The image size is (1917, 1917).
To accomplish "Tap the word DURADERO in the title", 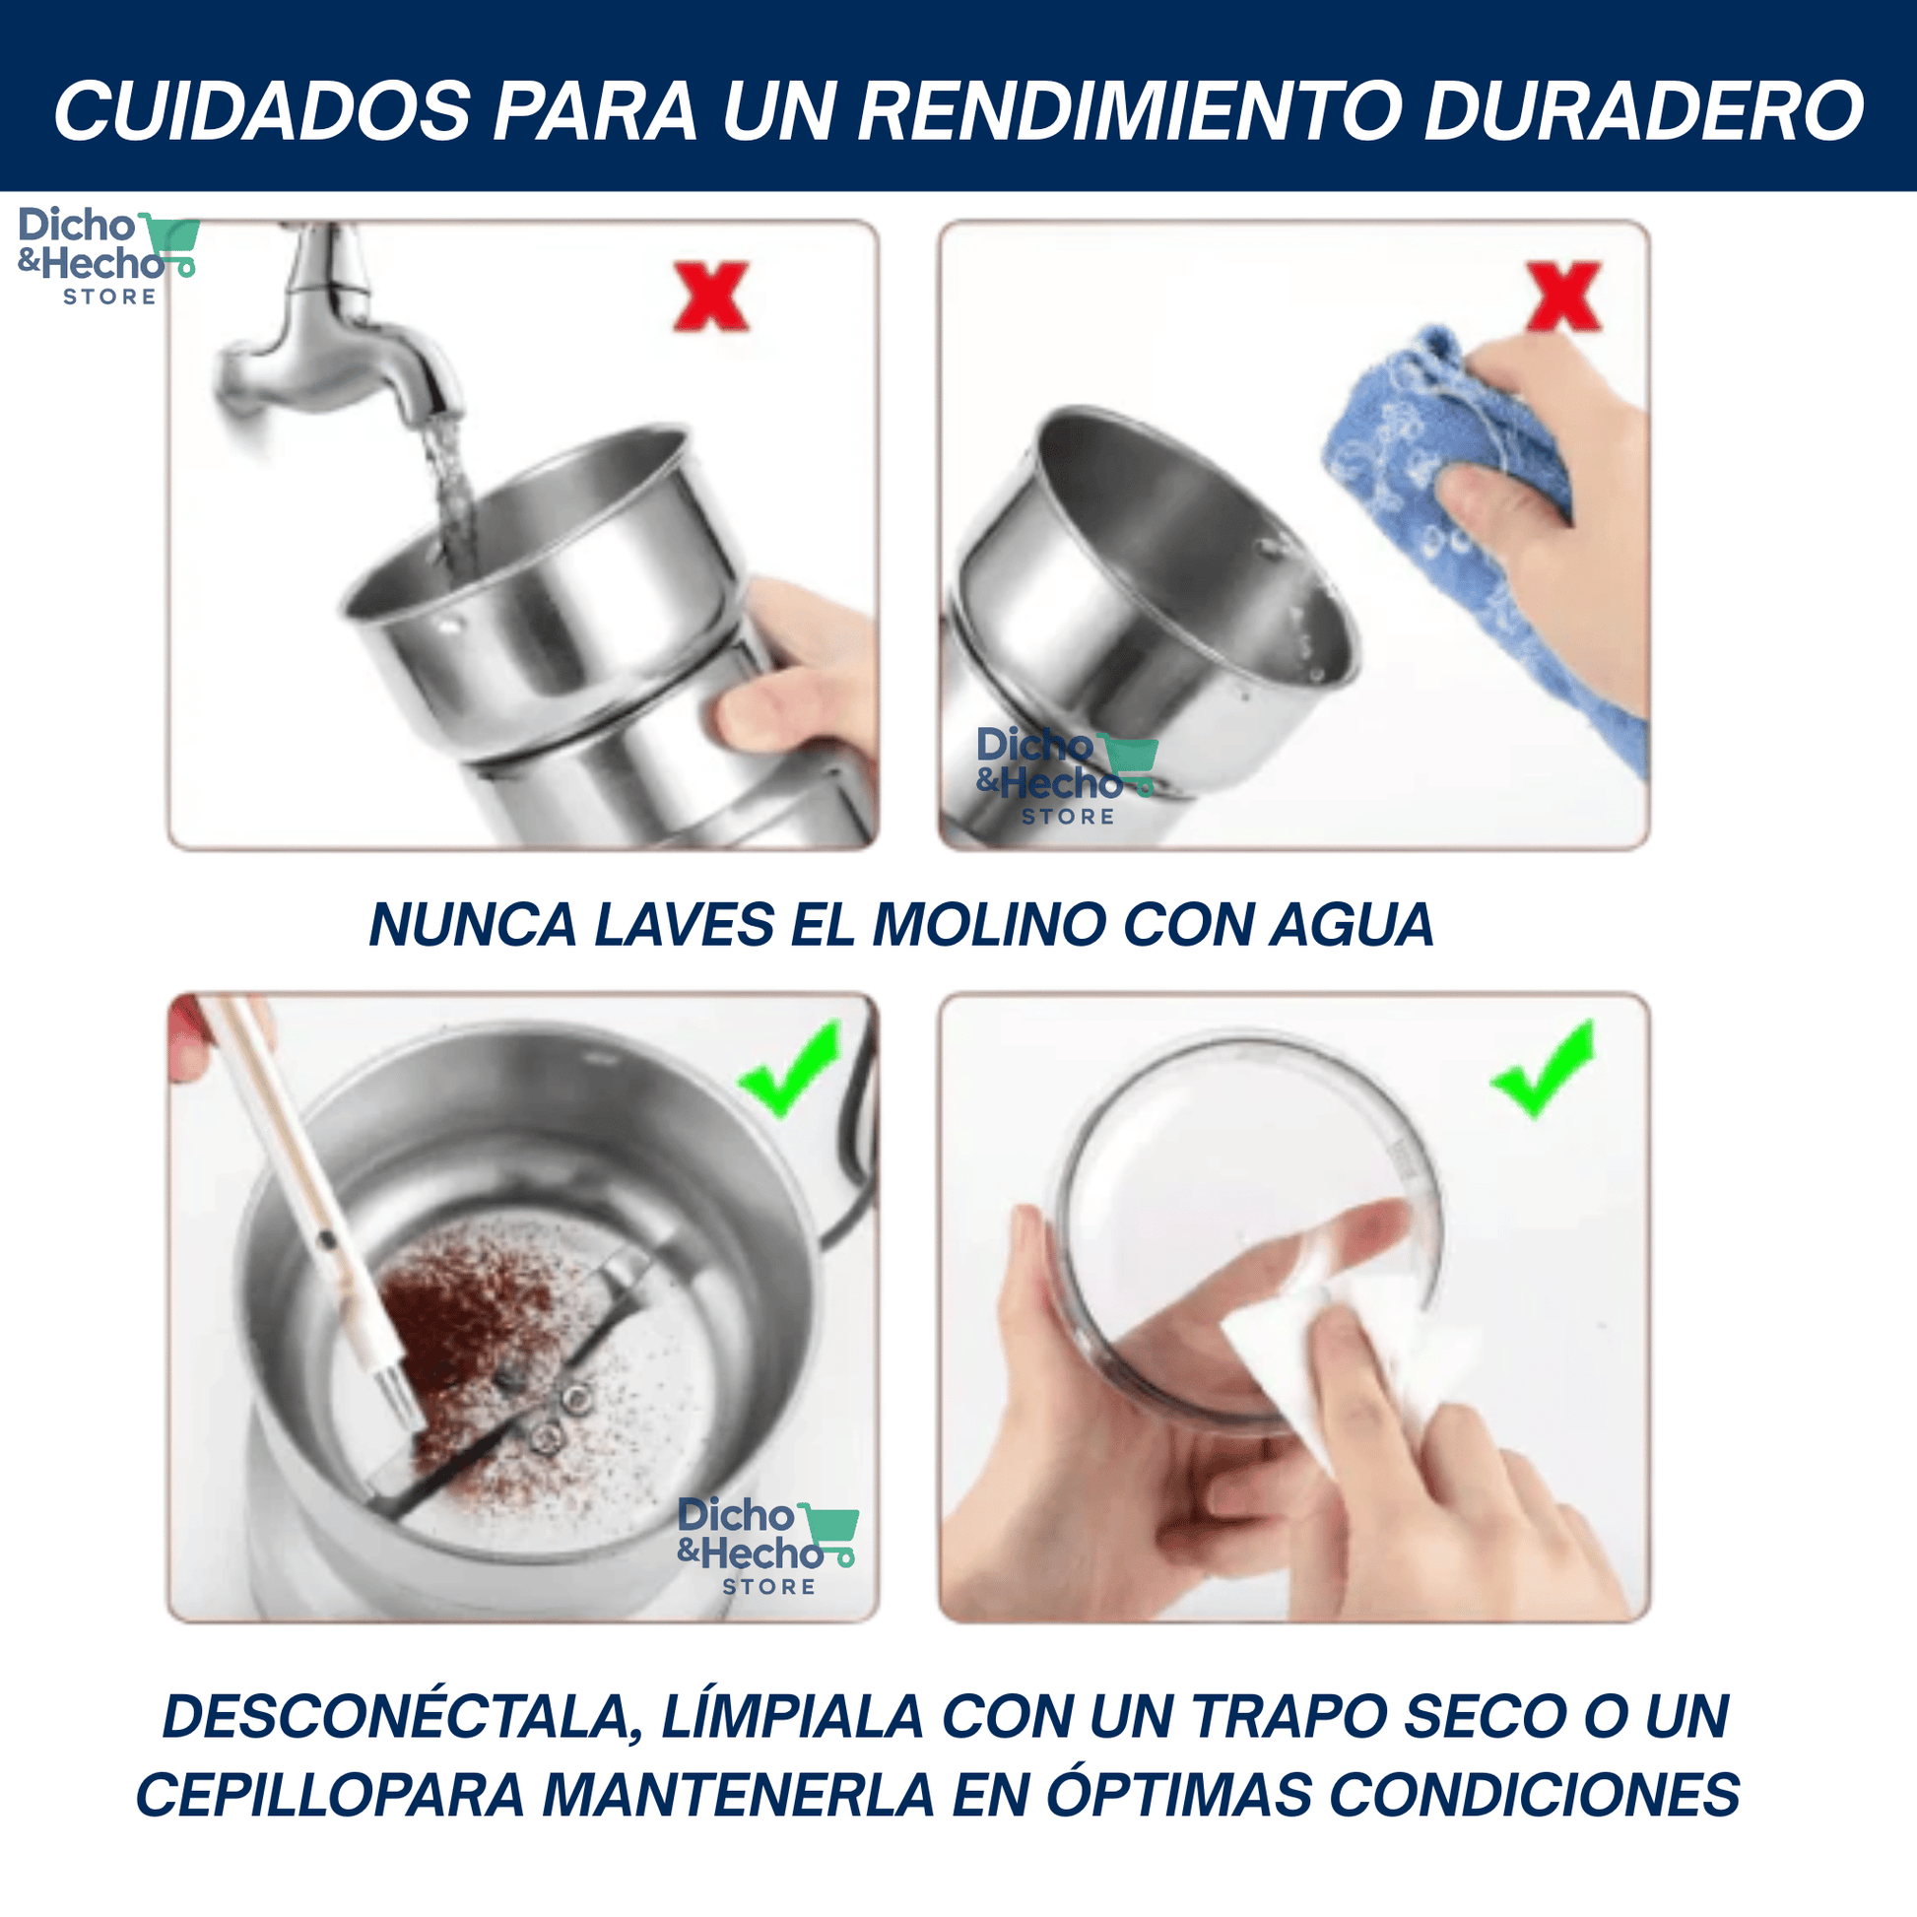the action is (x=1644, y=110).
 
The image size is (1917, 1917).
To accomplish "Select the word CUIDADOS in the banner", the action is (x=262, y=110).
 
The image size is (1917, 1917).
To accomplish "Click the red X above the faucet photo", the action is (x=710, y=296).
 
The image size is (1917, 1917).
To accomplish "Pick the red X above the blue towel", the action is (x=1562, y=296).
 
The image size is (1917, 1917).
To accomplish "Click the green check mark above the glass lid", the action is (x=1543, y=1071).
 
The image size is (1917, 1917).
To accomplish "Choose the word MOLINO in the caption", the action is (x=988, y=925).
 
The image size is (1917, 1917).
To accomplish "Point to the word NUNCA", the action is (x=472, y=925).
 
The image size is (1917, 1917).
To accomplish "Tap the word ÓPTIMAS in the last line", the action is (x=1179, y=1794).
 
